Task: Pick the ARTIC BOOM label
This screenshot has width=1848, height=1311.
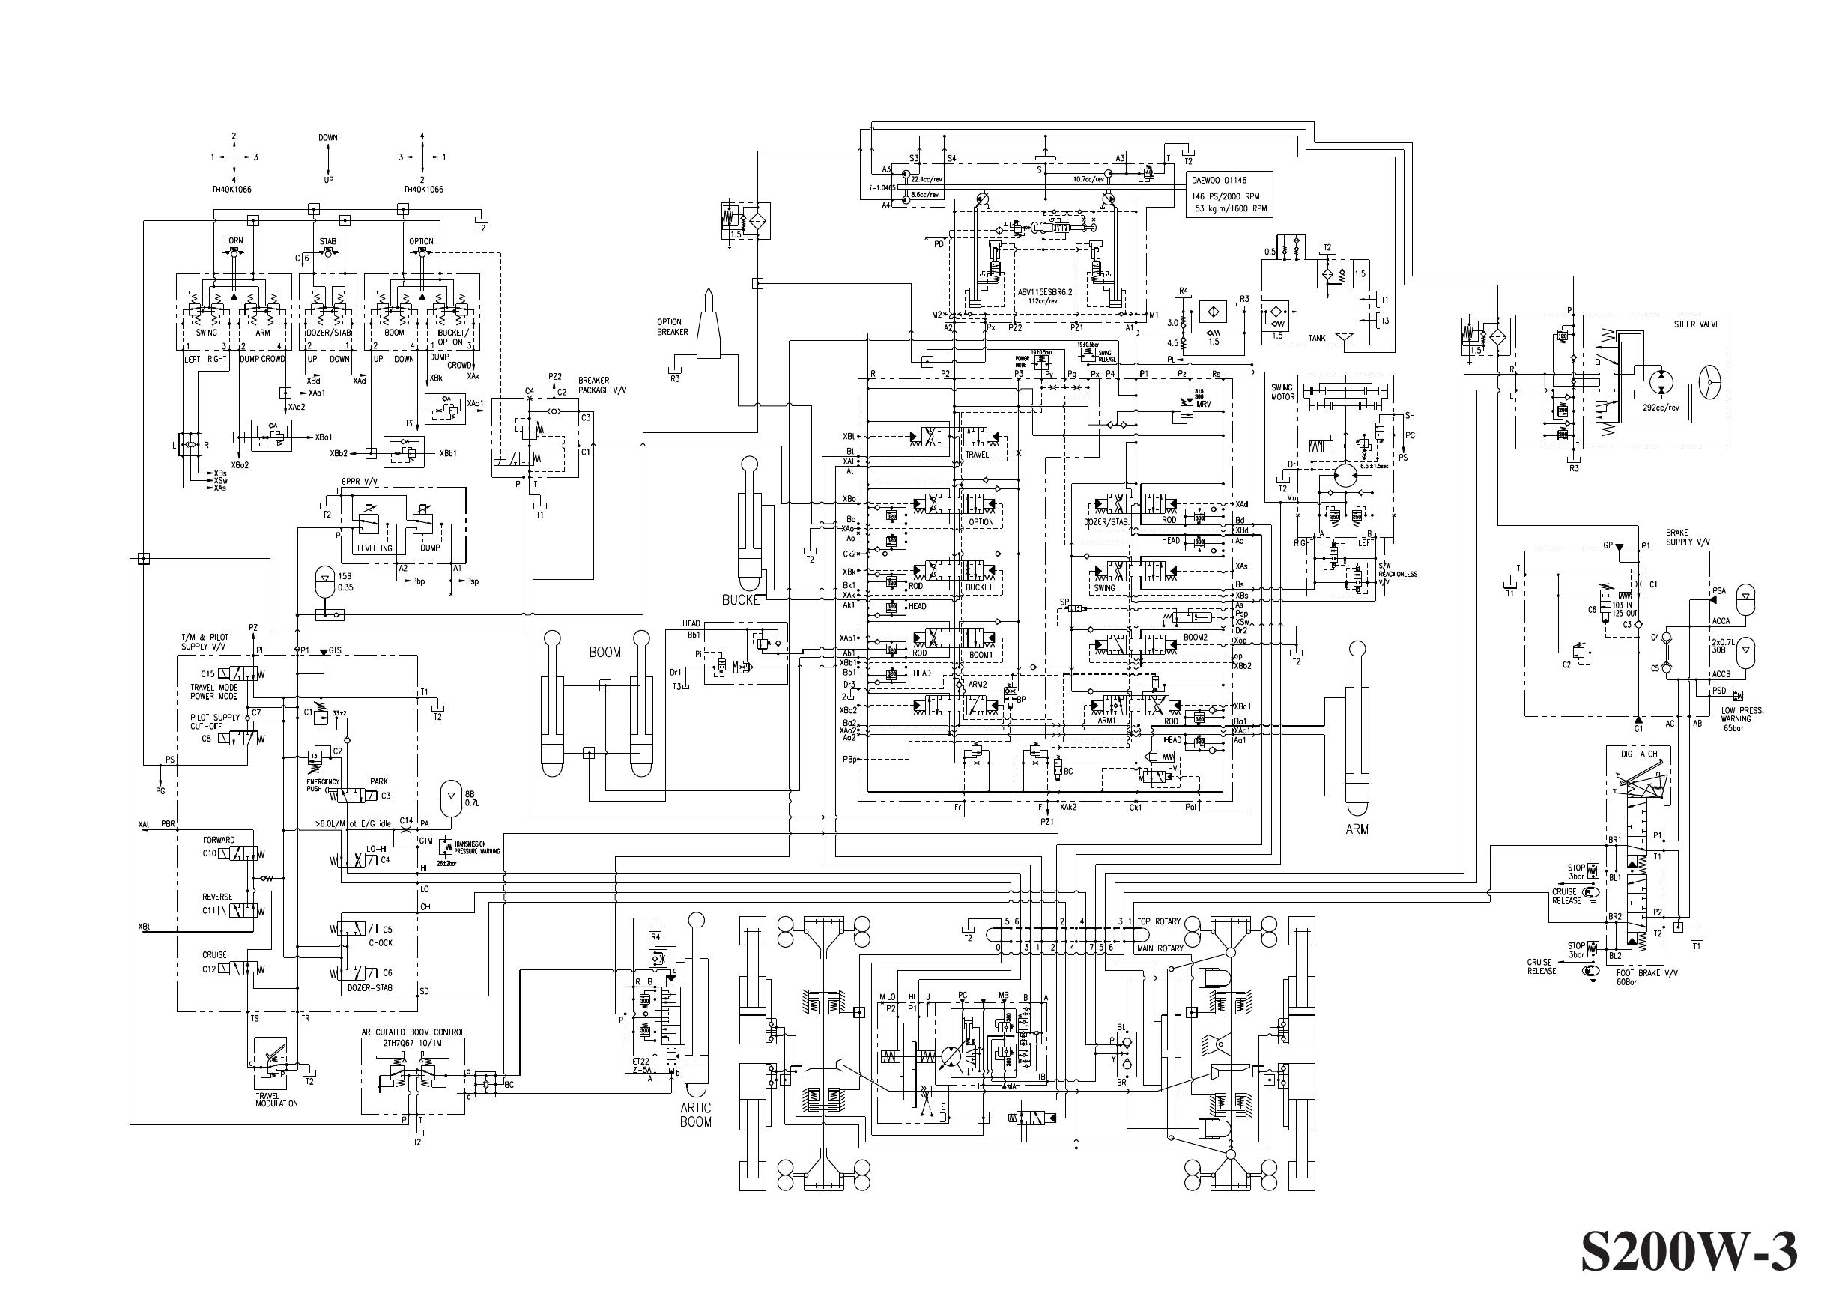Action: pos(695,1115)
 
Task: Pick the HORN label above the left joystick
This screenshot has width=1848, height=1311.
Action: pos(233,240)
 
